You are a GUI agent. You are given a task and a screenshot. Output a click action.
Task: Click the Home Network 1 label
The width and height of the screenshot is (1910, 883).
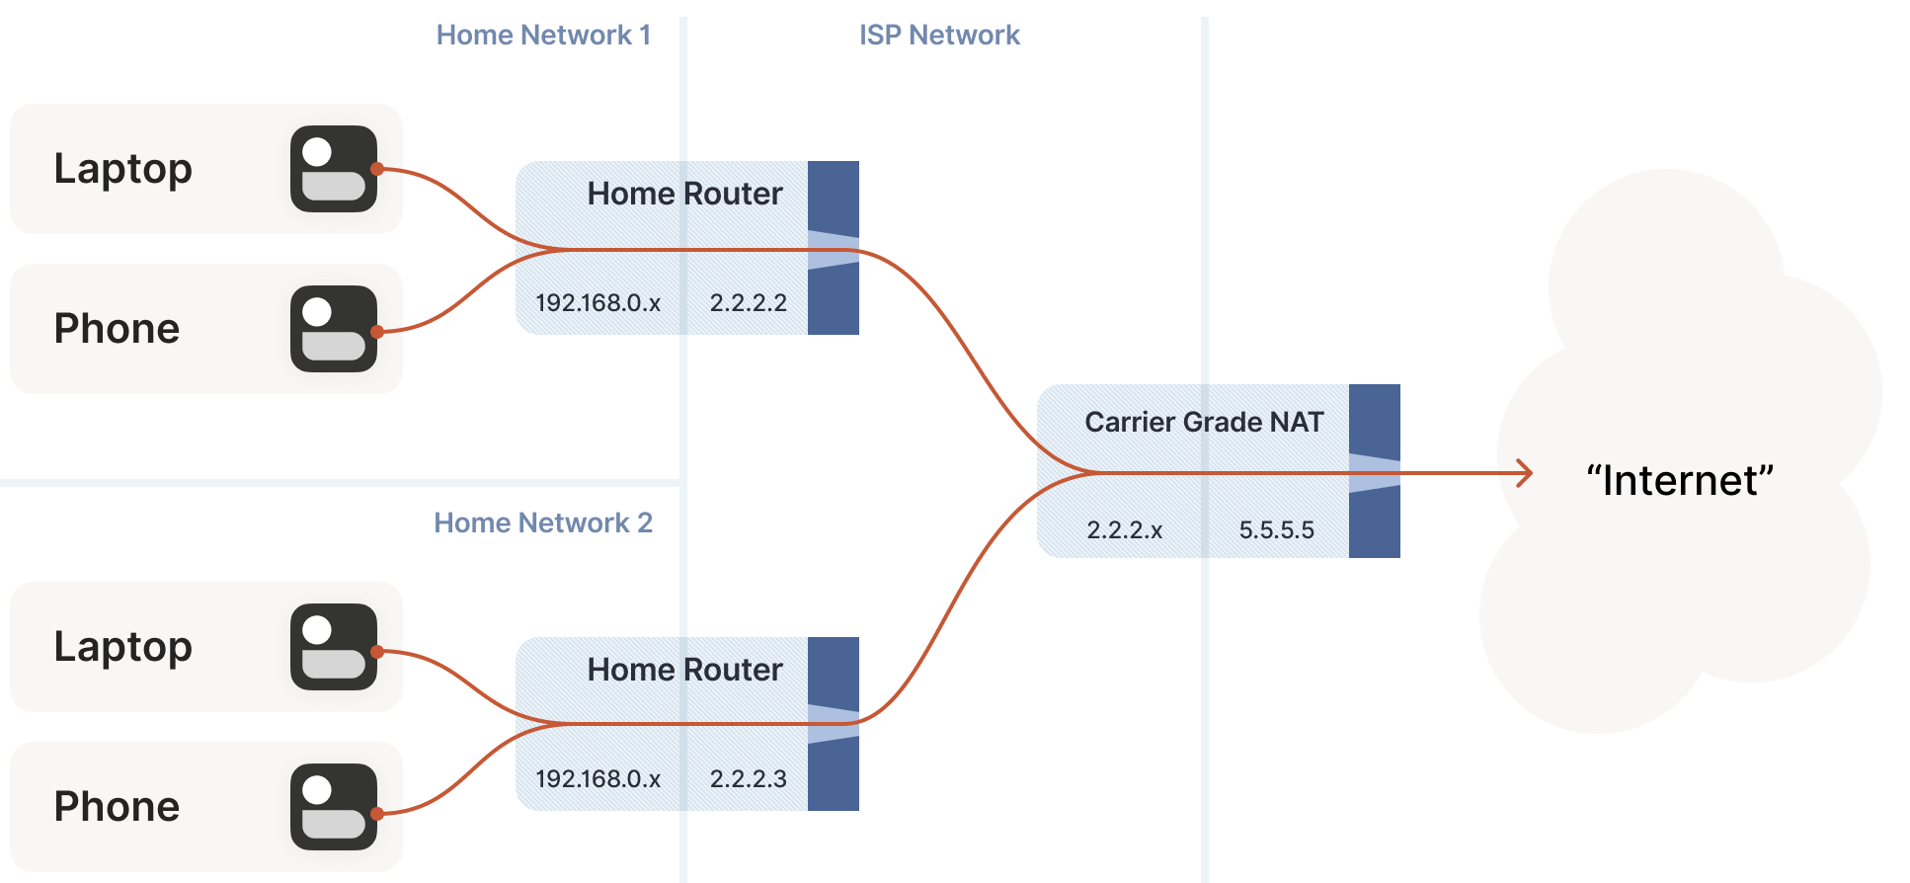pos(543,36)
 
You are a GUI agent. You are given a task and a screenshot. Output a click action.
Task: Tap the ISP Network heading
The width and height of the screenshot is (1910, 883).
pos(939,36)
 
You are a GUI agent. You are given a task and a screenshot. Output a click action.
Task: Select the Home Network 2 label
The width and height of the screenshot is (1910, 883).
pos(543,522)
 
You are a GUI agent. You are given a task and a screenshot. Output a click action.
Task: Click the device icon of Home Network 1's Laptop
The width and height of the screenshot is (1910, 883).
pos(334,169)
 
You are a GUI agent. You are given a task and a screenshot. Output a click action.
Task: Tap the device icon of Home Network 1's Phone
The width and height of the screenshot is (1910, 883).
pos(334,329)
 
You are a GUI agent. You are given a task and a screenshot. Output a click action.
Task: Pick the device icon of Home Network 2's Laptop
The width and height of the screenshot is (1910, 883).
pos(334,647)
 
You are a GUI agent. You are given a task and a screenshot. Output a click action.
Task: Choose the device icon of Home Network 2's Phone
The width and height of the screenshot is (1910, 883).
pos(334,807)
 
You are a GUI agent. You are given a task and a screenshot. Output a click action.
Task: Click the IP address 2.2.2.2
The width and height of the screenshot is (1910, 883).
pos(748,303)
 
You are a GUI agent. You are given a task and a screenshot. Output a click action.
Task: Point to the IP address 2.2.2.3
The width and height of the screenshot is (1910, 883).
pos(748,779)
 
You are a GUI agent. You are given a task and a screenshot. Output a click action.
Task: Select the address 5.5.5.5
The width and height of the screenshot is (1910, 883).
pos(1276,530)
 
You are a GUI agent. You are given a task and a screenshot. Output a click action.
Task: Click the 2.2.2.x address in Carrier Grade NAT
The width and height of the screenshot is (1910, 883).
pos(1124,530)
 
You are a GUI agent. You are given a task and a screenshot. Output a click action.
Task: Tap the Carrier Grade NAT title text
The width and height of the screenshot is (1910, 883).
pos(1204,423)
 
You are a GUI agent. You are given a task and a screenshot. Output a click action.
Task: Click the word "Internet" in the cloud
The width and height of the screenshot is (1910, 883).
pos(1680,481)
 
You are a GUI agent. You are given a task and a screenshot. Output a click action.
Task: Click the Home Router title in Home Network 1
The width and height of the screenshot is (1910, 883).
pos(684,194)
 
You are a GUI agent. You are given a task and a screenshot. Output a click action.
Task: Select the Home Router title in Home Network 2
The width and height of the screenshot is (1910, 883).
pos(684,670)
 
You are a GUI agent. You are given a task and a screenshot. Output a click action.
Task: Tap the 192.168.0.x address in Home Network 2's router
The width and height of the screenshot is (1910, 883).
pos(597,779)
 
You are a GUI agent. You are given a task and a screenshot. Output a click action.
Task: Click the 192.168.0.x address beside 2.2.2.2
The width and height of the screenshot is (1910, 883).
pos(597,303)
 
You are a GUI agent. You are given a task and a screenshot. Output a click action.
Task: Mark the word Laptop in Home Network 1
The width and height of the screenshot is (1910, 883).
pos(122,169)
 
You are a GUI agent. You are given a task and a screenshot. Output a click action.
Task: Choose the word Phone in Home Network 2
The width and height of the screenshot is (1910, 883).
pos(117,807)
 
